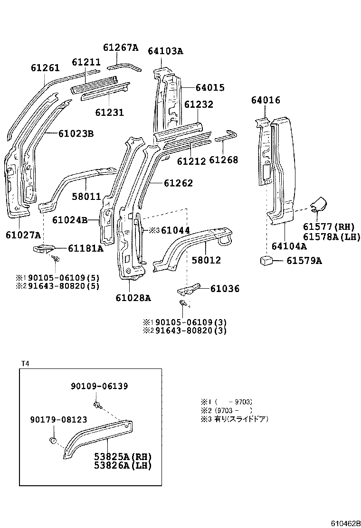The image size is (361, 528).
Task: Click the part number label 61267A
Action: pyautogui.click(x=121, y=47)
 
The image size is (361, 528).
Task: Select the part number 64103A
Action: pyautogui.click(x=165, y=51)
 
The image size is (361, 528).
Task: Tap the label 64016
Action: pyautogui.click(x=266, y=100)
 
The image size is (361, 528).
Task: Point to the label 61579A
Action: pyautogui.click(x=304, y=261)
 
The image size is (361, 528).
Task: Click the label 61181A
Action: pyautogui.click(x=85, y=247)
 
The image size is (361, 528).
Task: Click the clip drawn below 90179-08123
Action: pyautogui.click(x=53, y=441)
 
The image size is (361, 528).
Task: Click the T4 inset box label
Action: pyautogui.click(x=25, y=363)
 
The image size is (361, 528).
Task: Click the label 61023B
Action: pyautogui.click(x=76, y=134)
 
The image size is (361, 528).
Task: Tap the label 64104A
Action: pyautogui.click(x=289, y=246)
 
